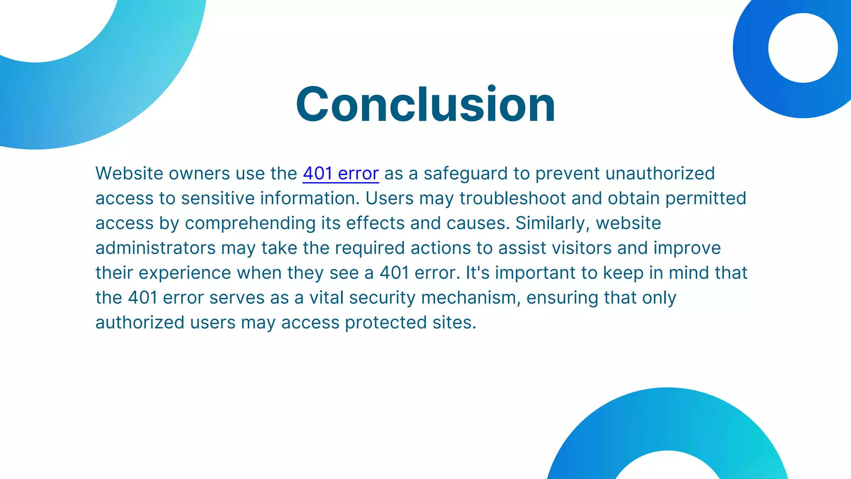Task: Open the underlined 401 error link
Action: click(x=341, y=173)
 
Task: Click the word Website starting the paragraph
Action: click(x=129, y=173)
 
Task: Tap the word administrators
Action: click(x=155, y=248)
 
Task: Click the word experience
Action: click(x=185, y=273)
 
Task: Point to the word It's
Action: click(x=478, y=273)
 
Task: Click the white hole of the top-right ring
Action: click(x=803, y=48)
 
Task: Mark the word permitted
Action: click(x=706, y=198)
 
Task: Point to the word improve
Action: click(x=687, y=248)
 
